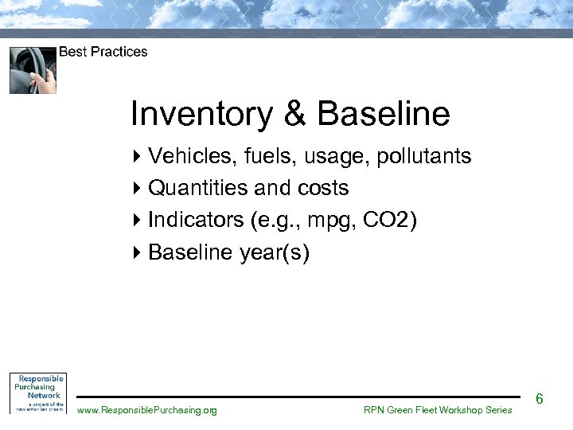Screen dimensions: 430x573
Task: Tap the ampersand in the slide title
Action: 294,114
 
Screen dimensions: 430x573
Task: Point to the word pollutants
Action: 423,156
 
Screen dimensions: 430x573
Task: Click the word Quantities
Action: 198,188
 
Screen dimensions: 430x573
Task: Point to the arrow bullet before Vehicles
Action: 136,156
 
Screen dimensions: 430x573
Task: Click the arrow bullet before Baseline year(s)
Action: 136,252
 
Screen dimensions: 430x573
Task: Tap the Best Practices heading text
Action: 103,52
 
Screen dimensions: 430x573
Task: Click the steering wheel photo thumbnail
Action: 33,70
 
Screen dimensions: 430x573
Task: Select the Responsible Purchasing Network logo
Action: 37,393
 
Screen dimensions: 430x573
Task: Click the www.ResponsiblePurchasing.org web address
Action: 146,410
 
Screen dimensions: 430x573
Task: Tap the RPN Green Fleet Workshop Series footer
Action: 438,410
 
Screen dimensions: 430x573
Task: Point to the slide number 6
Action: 539,398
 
